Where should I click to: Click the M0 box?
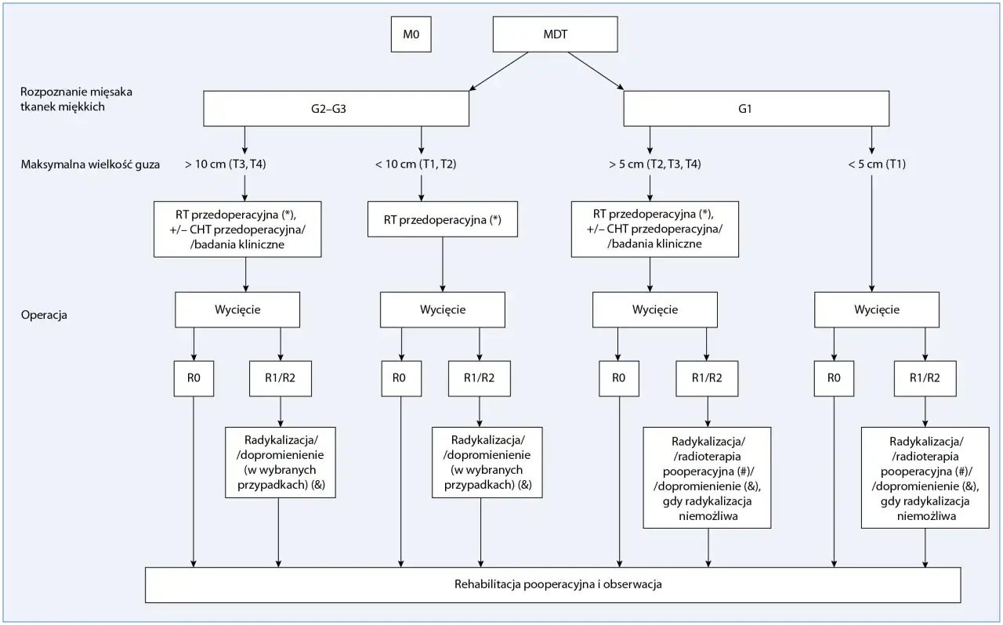tap(411, 34)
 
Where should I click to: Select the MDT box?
tap(556, 34)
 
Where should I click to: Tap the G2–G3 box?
tap(336, 109)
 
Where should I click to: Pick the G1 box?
tap(756, 109)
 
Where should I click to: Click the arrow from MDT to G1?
tap(596, 70)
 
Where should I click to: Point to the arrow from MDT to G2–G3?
tap(499, 70)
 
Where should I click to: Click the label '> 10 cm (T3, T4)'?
tap(225, 164)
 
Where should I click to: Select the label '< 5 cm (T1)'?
tap(877, 164)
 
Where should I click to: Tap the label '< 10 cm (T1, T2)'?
tap(415, 164)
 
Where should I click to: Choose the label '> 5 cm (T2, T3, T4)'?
tap(654, 164)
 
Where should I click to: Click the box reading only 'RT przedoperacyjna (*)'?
tap(443, 219)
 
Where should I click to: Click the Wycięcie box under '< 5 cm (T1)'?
tap(877, 310)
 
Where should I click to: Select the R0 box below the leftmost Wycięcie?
tap(194, 379)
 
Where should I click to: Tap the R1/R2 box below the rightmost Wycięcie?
tap(925, 379)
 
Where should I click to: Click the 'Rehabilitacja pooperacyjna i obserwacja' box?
tap(553, 585)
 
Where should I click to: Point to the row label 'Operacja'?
tap(44, 315)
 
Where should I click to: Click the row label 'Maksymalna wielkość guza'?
tap(90, 164)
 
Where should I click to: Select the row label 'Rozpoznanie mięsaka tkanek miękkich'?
tap(76, 99)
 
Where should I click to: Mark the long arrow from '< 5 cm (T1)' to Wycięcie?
tap(871, 233)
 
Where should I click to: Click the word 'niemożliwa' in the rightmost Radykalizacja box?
tap(926, 516)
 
